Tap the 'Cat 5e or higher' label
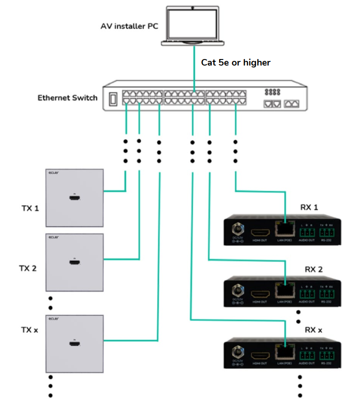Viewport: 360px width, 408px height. click(x=235, y=62)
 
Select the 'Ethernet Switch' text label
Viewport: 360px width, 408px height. click(x=67, y=98)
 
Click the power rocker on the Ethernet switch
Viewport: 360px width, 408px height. click(x=113, y=99)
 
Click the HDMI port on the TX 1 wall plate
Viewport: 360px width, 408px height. click(x=74, y=199)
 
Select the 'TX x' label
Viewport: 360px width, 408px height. click(x=29, y=330)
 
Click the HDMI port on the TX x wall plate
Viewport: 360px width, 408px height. click(x=74, y=344)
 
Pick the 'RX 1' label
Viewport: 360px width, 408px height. click(x=309, y=207)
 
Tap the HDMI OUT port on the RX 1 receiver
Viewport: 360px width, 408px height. click(x=260, y=233)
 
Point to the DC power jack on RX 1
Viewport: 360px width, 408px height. click(x=237, y=230)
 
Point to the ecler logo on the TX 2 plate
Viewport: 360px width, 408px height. click(x=52, y=238)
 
